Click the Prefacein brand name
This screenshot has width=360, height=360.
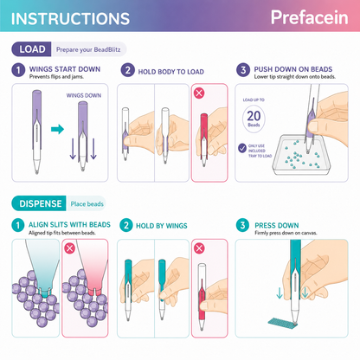pyautogui.click(x=310, y=17)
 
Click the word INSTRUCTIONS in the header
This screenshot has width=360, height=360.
pyautogui.click(x=70, y=19)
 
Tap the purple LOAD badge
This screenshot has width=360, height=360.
pyautogui.click(x=31, y=49)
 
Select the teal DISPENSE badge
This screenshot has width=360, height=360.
pyautogui.click(x=39, y=203)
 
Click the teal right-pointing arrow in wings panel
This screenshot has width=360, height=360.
pyautogui.click(x=57, y=129)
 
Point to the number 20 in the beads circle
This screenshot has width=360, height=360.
pyautogui.click(x=254, y=116)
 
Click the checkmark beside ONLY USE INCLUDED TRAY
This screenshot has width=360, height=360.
pyautogui.click(x=242, y=148)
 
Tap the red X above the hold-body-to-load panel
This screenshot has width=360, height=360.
pyautogui.click(x=199, y=93)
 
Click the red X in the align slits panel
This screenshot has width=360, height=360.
pyautogui.click(x=69, y=248)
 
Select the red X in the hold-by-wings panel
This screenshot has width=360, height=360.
pyautogui.click(x=199, y=248)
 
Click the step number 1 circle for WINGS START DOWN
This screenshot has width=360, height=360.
pyautogui.click(x=18, y=70)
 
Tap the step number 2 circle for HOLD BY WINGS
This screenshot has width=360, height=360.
pyautogui.click(x=126, y=225)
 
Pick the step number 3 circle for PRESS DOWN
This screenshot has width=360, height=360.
pyautogui.click(x=242, y=225)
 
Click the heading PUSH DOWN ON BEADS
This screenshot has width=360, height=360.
pyautogui.click(x=293, y=69)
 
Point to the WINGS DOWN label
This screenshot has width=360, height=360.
pyautogui.click(x=84, y=95)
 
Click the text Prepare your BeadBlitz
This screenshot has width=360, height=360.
pyautogui.click(x=88, y=49)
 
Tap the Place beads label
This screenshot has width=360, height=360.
pyautogui.click(x=87, y=204)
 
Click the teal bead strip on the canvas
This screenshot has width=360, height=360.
pyautogui.click(x=282, y=322)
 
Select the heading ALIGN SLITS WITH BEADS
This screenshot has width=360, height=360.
pyautogui.click(x=69, y=224)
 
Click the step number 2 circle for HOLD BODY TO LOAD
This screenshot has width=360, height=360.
pyautogui.click(x=128, y=70)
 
